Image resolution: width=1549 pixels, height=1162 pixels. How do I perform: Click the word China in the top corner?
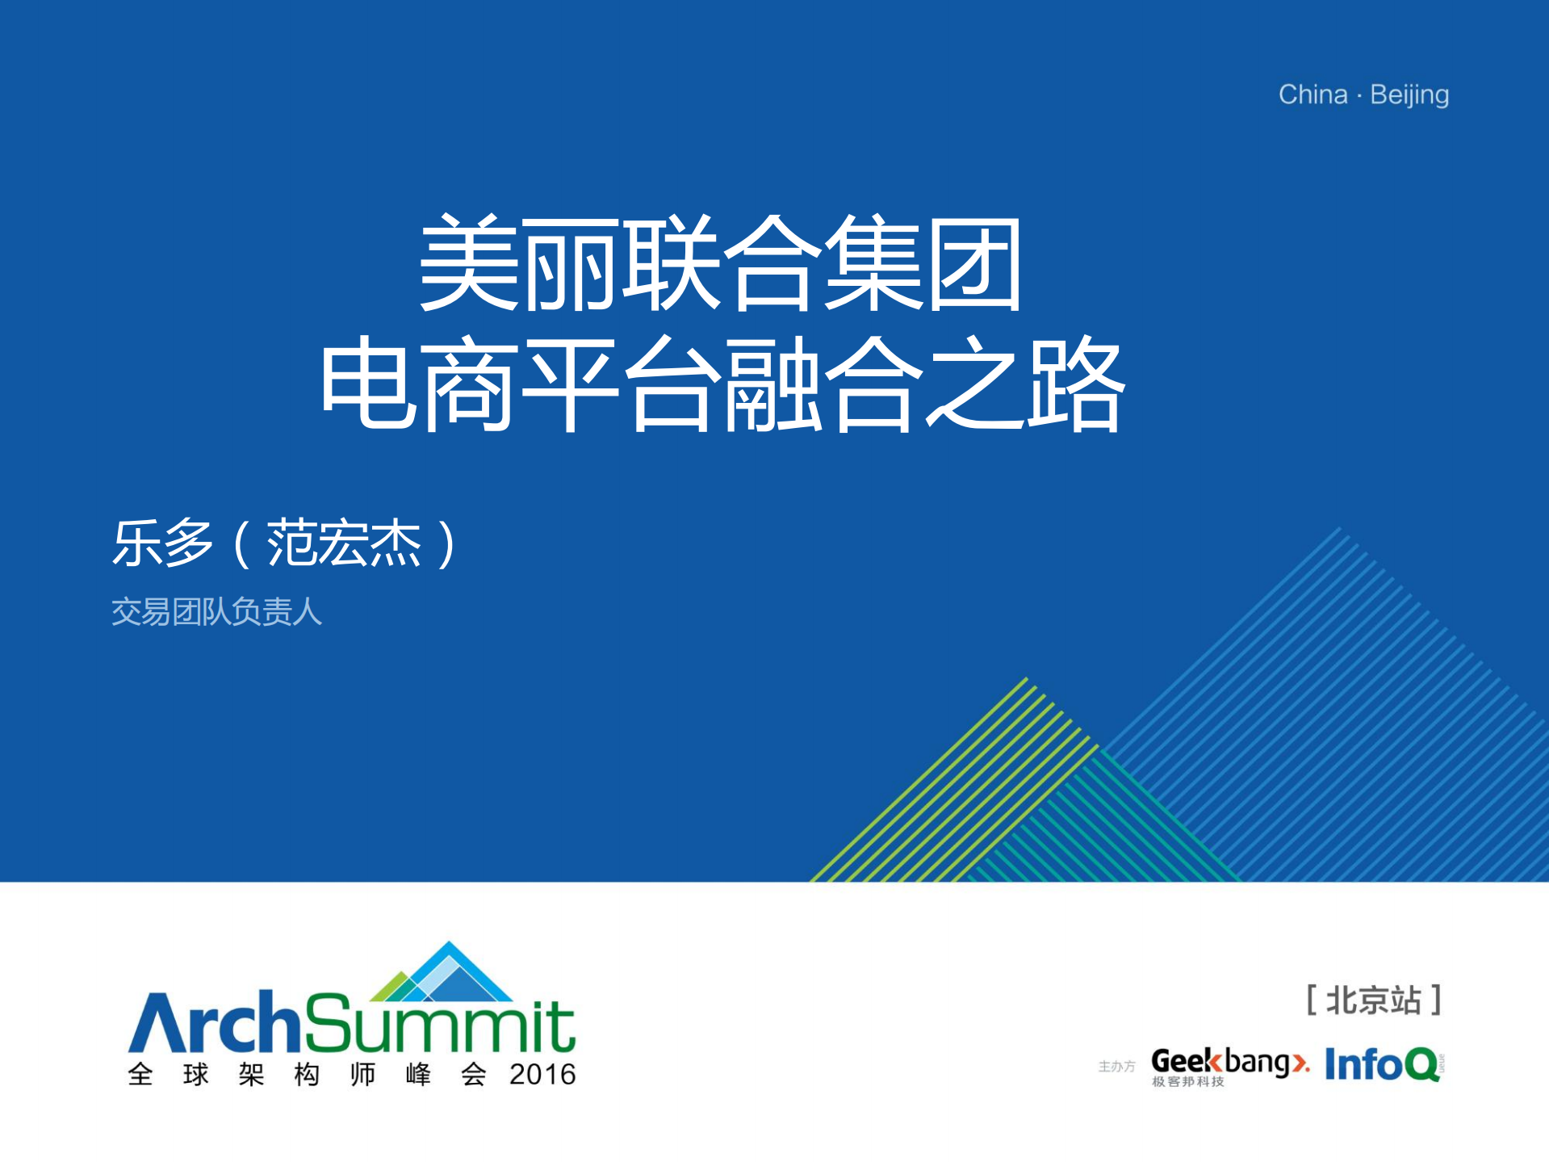[1312, 94]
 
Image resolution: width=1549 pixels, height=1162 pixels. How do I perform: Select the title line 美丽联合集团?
[721, 263]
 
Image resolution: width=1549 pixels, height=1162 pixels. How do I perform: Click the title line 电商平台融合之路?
[722, 384]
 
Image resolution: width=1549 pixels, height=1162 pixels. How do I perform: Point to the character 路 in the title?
[1075, 384]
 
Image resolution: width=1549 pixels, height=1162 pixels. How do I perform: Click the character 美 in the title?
[468, 263]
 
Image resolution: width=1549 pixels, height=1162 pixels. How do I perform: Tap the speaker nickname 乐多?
[162, 543]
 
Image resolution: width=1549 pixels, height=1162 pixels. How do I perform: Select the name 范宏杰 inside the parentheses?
[344, 543]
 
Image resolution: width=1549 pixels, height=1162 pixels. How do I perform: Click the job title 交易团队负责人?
[216, 612]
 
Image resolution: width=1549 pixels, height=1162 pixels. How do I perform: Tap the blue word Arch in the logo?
[214, 1022]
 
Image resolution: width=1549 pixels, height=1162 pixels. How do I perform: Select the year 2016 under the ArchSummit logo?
[542, 1075]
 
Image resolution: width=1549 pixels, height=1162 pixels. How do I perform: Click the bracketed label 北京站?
[1374, 1000]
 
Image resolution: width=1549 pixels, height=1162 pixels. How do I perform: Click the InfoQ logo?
[1384, 1063]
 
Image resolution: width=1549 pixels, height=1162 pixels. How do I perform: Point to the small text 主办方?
[1116, 1067]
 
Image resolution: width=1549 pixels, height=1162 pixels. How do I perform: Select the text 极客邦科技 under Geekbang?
[1188, 1082]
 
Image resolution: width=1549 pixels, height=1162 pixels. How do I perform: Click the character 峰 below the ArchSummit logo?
[418, 1075]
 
